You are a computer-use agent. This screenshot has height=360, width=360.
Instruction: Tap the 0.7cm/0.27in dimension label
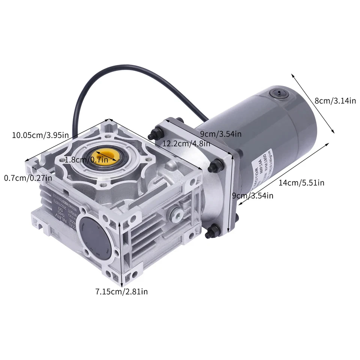click(x=28, y=177)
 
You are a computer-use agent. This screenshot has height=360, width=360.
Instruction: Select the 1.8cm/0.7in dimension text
click(x=86, y=159)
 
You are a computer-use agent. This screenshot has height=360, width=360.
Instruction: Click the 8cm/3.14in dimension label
click(x=335, y=100)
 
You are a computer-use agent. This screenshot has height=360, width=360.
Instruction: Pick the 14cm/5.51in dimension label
click(x=301, y=183)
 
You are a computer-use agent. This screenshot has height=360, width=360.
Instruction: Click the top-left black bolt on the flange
click(x=154, y=134)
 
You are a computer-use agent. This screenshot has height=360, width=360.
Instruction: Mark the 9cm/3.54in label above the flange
click(x=220, y=134)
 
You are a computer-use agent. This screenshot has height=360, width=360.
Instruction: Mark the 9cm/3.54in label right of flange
click(x=252, y=195)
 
